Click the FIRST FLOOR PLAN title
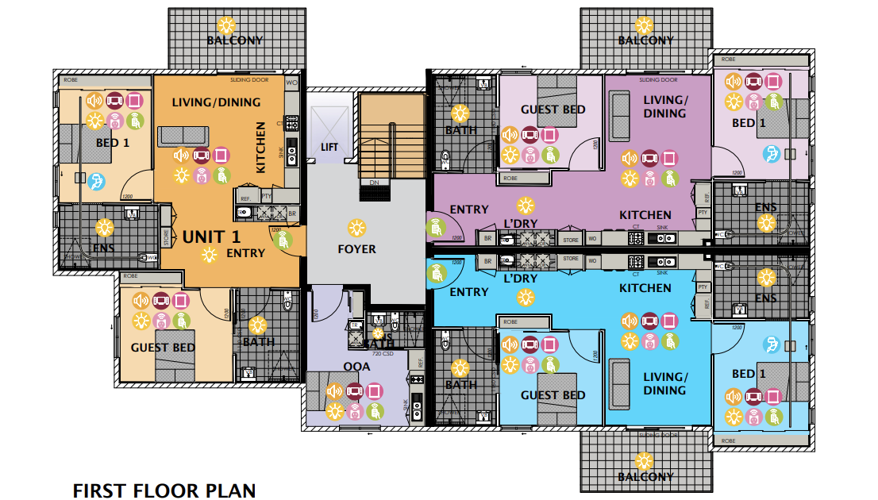(164, 491)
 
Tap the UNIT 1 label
(211, 237)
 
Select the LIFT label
(329, 148)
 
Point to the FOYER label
(356, 249)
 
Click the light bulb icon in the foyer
(358, 228)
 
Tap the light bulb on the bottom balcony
(645, 460)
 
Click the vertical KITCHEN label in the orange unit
(260, 148)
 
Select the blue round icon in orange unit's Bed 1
(96, 182)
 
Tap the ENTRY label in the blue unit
(469, 292)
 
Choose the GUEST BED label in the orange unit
(160, 348)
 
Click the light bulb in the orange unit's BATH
(257, 325)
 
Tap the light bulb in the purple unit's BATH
(460, 113)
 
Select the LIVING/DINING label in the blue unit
(664, 383)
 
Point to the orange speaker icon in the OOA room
(334, 390)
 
